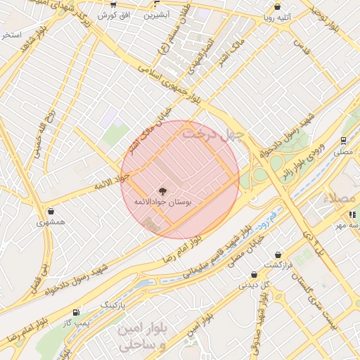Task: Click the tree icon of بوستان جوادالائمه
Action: pyautogui.click(x=163, y=191)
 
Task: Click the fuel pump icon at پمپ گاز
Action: pyautogui.click(x=76, y=311)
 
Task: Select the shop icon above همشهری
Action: pyautogui.click(x=51, y=211)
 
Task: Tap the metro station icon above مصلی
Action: pyautogui.click(x=344, y=141)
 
